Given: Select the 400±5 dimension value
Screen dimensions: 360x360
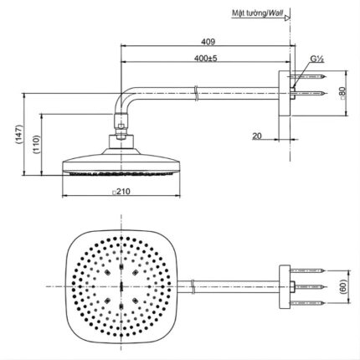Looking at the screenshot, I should point(204,58).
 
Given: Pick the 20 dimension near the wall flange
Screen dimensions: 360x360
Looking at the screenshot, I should point(257,133).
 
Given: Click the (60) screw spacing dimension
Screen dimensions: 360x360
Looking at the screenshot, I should point(343,285).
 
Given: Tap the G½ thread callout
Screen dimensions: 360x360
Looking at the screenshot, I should point(317,59).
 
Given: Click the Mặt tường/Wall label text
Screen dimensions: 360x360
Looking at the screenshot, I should point(255,13).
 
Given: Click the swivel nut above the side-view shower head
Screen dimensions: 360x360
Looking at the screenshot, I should point(123,131).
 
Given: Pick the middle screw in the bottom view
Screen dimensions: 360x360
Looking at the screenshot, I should point(310,285).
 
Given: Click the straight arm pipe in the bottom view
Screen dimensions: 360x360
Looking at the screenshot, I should point(226,285).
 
